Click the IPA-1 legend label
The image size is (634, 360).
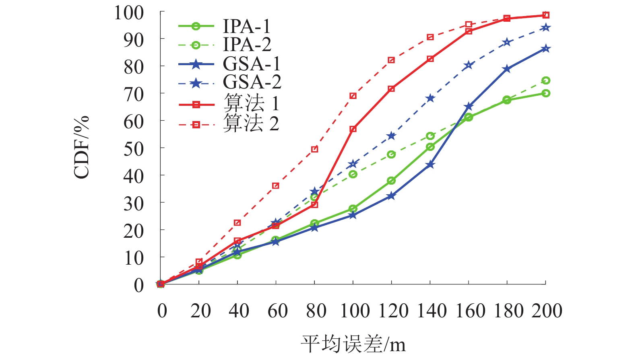246,27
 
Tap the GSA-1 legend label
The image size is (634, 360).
252,64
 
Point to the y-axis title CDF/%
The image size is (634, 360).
81,147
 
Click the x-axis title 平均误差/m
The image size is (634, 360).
353,344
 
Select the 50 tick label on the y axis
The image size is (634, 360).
134,149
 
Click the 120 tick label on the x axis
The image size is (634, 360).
393,311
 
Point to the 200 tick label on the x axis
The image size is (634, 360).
547,311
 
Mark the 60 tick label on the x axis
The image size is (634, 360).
277,311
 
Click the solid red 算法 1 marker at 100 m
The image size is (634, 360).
353,129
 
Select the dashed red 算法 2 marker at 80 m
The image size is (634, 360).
315,149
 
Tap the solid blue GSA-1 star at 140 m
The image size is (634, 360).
430,165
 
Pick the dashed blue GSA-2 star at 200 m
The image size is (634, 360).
546,28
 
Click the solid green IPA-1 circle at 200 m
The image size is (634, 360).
546,93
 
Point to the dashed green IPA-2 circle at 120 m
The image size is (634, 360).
391,154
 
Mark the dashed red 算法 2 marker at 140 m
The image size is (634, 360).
430,37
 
